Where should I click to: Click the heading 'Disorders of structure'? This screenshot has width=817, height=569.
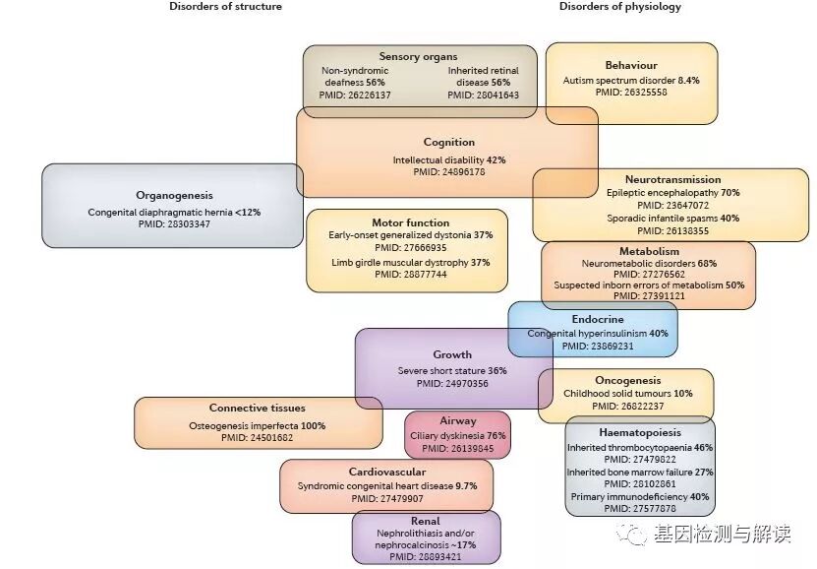(225, 7)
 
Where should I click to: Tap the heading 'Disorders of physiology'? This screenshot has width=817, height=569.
(619, 7)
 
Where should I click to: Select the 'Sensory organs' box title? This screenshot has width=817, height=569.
(418, 57)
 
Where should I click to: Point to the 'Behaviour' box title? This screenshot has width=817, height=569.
(631, 65)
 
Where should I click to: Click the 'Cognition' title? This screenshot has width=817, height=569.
(448, 143)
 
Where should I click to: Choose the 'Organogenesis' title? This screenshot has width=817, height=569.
(174, 196)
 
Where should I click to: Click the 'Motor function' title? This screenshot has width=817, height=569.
(410, 223)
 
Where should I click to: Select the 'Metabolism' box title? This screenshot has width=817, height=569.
(649, 252)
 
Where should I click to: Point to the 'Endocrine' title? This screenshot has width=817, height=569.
(597, 320)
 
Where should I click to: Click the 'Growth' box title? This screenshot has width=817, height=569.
(452, 355)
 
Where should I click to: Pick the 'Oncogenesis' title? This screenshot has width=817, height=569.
(627, 381)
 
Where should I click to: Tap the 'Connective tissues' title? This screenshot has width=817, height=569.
(257, 409)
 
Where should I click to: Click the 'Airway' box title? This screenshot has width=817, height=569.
(458, 420)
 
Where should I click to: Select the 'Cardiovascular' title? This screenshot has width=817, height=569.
(385, 473)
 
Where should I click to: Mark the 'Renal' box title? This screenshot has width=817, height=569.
(426, 521)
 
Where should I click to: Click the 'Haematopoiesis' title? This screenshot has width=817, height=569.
(640, 432)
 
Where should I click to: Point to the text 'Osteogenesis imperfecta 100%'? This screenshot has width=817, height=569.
(257, 426)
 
